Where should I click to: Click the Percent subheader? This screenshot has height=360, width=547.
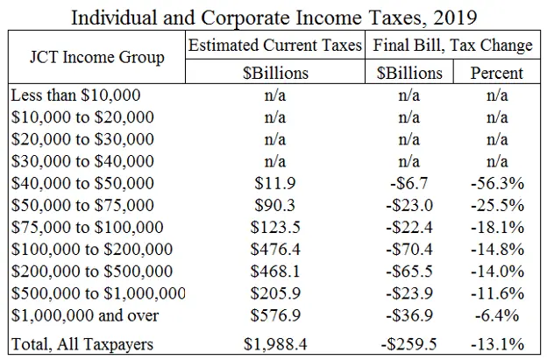[497, 72]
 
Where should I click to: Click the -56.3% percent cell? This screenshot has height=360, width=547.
[497, 183]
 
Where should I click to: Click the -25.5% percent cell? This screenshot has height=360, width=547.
[497, 205]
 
